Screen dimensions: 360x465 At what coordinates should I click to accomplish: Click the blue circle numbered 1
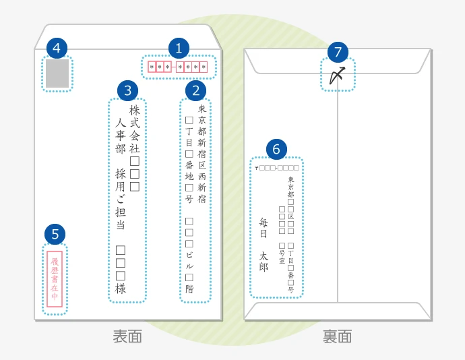click(179, 49)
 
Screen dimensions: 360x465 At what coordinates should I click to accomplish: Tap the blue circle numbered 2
click(195, 90)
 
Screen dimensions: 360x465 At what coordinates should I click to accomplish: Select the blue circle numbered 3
click(127, 90)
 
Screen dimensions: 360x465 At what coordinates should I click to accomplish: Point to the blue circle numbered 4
click(57, 49)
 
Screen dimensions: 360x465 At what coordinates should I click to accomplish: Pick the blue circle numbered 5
click(55, 234)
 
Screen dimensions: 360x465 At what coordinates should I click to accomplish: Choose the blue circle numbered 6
click(276, 149)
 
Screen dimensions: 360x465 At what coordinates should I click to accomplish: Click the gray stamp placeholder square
click(57, 74)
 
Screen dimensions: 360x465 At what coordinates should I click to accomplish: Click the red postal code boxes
click(179, 67)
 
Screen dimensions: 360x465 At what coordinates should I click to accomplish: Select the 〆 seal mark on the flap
click(338, 76)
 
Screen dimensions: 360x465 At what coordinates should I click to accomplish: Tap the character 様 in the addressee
click(121, 289)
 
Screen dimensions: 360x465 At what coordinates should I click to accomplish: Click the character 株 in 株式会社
click(134, 110)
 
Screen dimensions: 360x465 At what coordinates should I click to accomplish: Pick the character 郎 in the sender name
click(263, 267)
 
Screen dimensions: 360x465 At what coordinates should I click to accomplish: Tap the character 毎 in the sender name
click(263, 222)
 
